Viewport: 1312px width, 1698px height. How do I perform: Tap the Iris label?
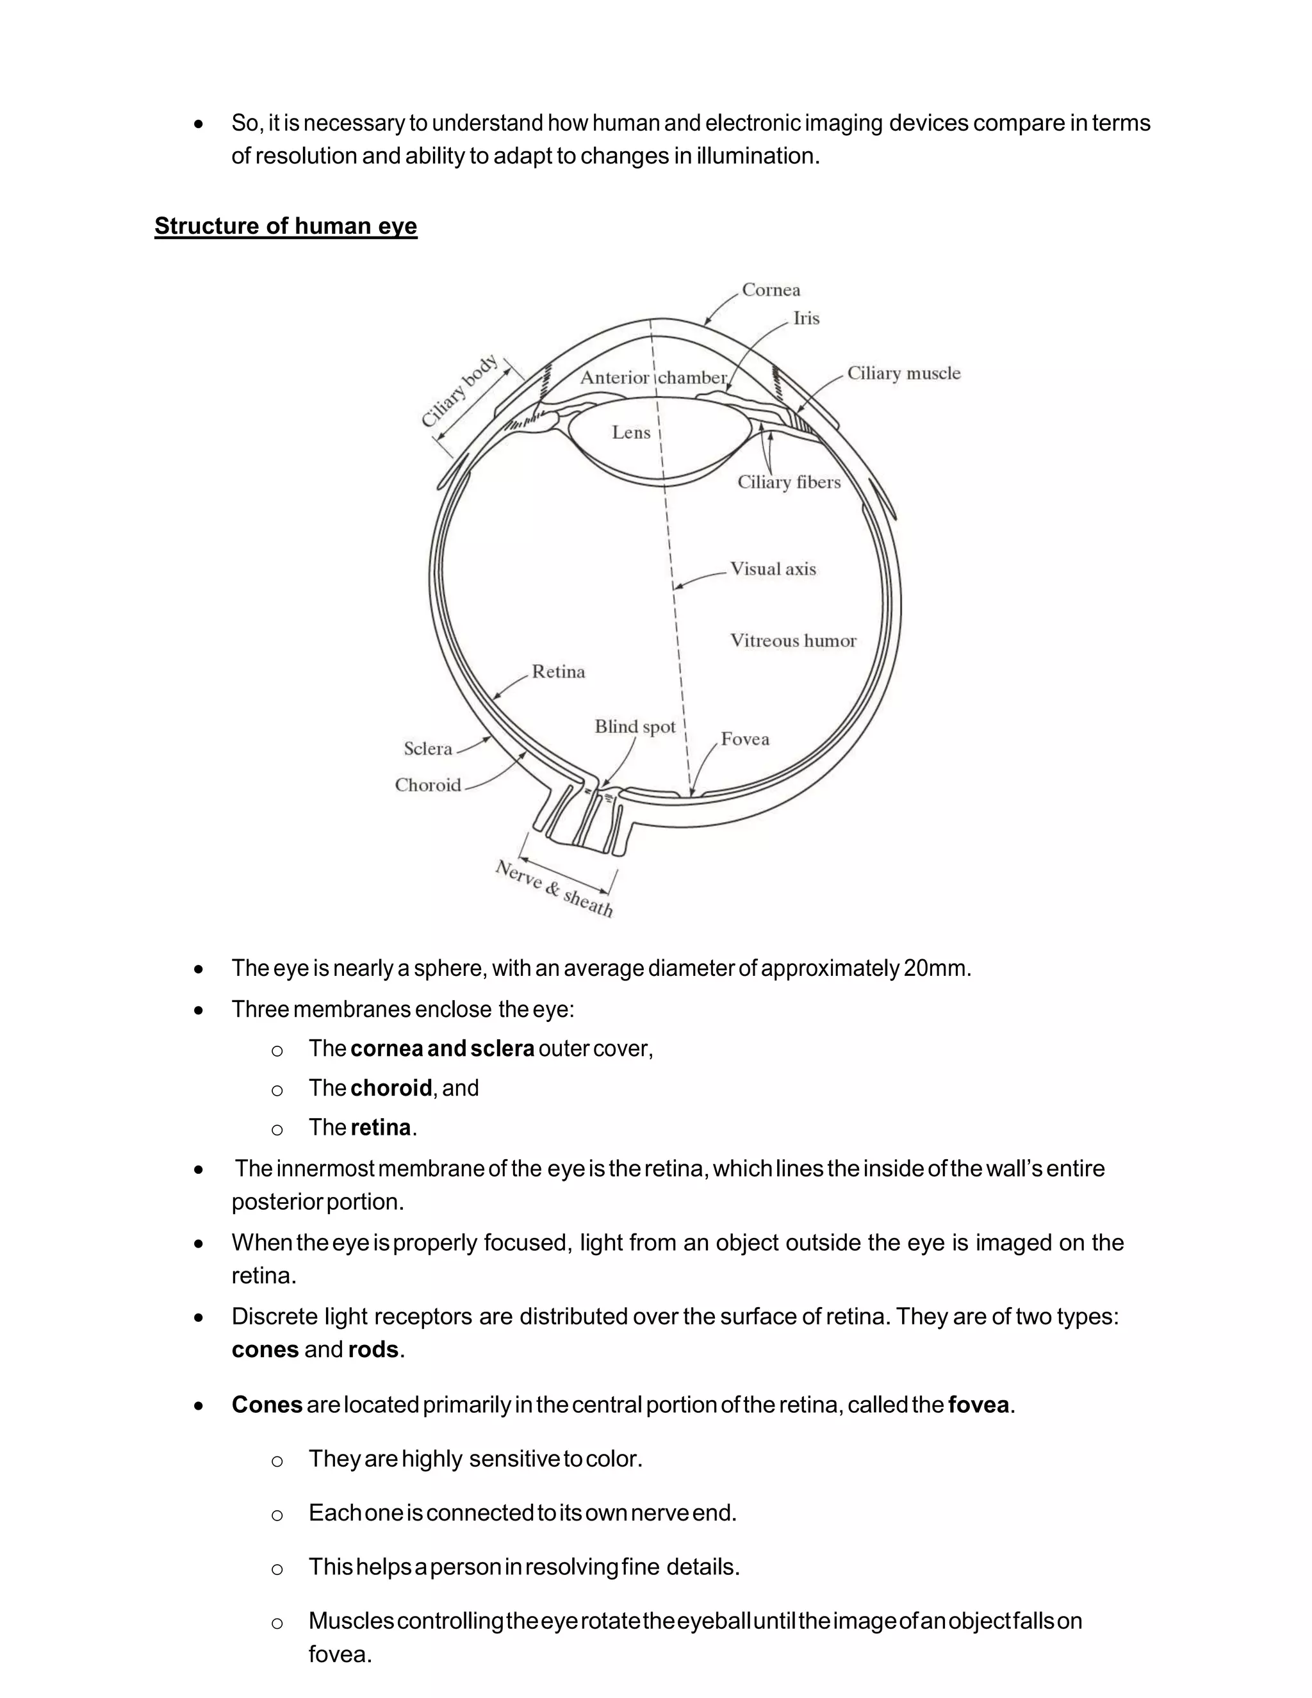806,318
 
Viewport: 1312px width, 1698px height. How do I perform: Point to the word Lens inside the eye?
630,433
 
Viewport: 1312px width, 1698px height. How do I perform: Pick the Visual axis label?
773,569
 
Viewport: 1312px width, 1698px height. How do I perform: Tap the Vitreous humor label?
793,641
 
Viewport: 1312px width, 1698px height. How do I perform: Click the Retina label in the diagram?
558,672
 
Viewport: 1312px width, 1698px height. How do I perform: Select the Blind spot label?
635,727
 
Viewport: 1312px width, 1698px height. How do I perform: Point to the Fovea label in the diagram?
744,739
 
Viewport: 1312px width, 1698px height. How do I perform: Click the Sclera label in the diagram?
427,748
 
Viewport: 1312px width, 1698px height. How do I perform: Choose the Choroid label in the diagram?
427,786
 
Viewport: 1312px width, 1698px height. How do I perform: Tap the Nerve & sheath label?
554,889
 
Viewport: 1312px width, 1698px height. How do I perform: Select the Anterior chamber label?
653,378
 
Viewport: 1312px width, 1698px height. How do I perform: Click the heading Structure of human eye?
285,226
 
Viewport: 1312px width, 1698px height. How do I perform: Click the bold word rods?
373,1349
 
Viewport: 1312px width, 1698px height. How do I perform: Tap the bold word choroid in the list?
391,1088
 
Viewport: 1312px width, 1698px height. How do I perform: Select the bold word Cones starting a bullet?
266,1405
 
